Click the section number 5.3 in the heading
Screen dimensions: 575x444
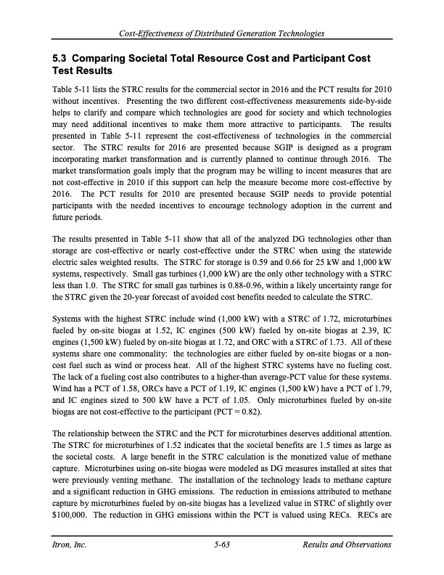pyautogui.click(x=60, y=57)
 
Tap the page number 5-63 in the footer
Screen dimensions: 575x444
pyautogui.click(x=222, y=545)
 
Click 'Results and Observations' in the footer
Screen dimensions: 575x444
pyautogui.click(x=346, y=545)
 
